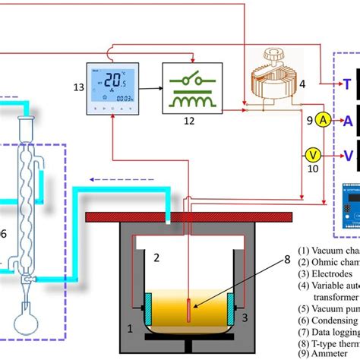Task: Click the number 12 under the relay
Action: [x=190, y=121]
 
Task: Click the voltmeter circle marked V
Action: [x=313, y=154]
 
